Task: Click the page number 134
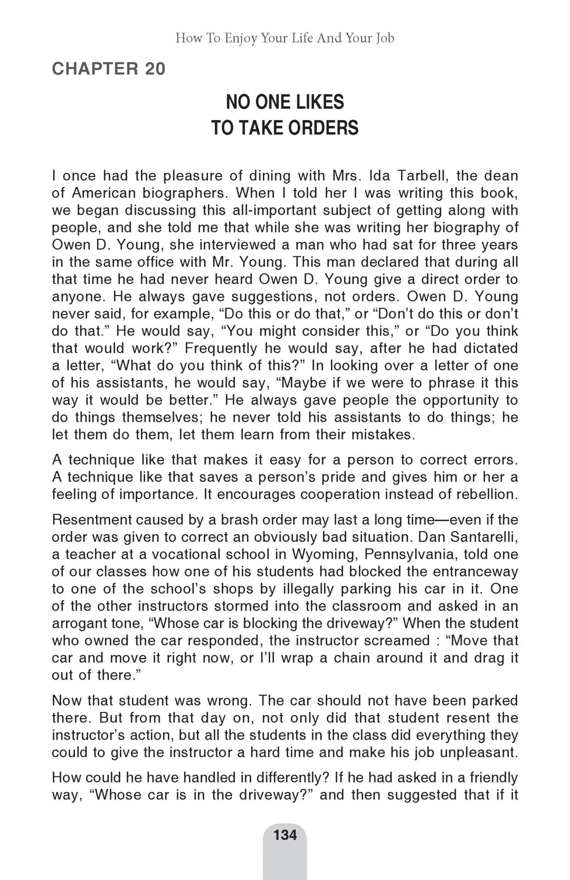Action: (285, 835)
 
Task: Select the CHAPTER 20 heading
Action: (108, 69)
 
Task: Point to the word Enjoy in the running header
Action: (240, 38)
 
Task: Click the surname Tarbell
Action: (423, 176)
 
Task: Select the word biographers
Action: (183, 193)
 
